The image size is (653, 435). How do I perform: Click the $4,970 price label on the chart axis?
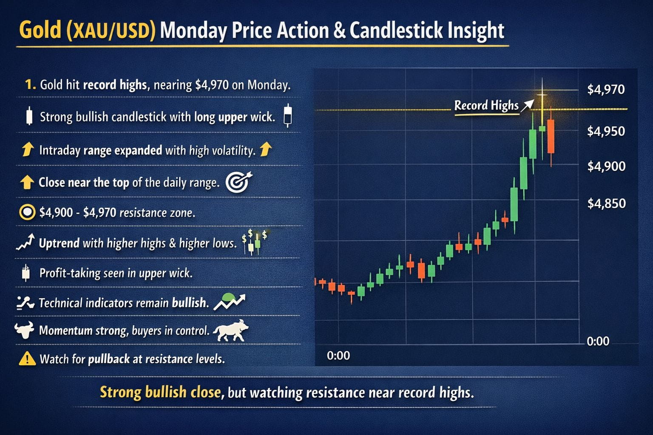pyautogui.click(x=606, y=90)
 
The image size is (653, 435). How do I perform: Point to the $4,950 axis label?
pyautogui.click(x=606, y=131)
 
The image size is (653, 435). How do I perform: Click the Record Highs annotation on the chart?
pyautogui.click(x=486, y=105)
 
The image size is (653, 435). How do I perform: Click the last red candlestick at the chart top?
pyautogui.click(x=551, y=136)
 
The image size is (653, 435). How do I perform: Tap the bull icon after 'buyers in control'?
pyautogui.click(x=230, y=331)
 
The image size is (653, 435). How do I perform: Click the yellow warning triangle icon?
pyautogui.click(x=27, y=359)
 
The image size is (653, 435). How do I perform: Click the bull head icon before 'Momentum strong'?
pyautogui.click(x=24, y=330)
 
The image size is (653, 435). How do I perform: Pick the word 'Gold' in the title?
pyautogui.click(x=40, y=31)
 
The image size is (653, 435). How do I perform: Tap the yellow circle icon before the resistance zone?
pyautogui.click(x=27, y=212)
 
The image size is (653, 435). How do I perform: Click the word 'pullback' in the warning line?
pyautogui.click(x=109, y=359)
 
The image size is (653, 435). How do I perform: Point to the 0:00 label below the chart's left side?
pyautogui.click(x=338, y=356)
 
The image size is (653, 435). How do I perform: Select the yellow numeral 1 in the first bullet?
pyautogui.click(x=30, y=85)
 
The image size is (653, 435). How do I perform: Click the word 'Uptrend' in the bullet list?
pyautogui.click(x=59, y=243)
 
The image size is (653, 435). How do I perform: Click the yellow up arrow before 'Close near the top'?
pyautogui.click(x=27, y=182)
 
